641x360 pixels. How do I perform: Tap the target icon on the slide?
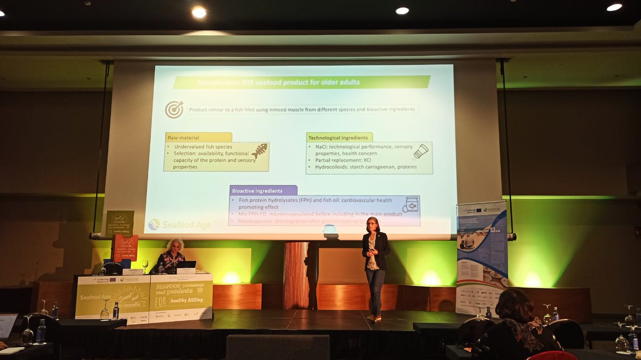coord(174,109)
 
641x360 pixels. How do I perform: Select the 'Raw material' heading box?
coord(198,137)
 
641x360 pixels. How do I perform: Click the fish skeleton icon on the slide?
coord(259,151)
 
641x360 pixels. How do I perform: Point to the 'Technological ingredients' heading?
coord(339,137)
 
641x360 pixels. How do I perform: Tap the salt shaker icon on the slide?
coord(421,152)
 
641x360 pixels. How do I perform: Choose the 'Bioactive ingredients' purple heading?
coord(263,190)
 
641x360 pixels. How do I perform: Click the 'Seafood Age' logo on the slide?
coord(179,225)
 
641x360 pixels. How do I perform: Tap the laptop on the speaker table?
coord(186,264)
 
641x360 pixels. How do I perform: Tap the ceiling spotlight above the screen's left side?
coord(199,12)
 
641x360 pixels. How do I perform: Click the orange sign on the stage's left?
coord(124,247)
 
